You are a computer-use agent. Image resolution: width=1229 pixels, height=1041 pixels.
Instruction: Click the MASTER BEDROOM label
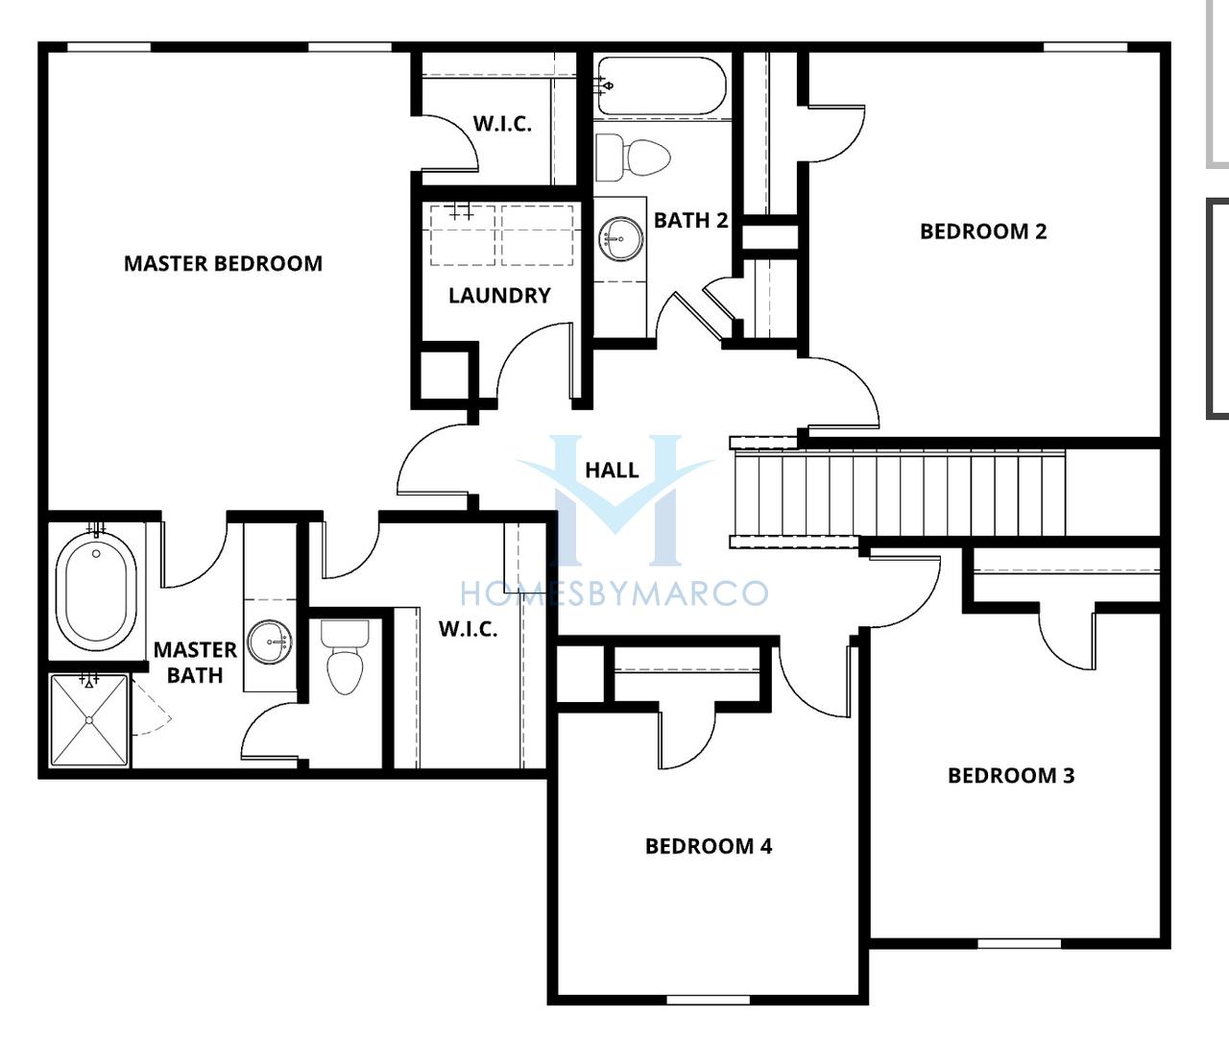click(223, 263)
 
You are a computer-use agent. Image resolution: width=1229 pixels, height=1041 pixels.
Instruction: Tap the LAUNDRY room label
click(499, 296)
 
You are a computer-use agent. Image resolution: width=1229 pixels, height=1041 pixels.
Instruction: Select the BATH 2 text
click(691, 221)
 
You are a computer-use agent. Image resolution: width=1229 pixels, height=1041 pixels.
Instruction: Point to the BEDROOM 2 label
click(983, 231)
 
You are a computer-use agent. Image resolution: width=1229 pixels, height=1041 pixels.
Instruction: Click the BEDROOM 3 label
click(1011, 776)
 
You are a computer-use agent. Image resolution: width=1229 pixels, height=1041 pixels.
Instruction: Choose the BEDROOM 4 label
click(709, 846)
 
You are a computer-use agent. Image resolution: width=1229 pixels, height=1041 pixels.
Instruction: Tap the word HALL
click(612, 471)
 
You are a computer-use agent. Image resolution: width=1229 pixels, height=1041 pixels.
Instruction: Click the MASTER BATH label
click(195, 663)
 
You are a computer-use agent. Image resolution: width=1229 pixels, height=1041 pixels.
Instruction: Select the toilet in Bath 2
click(633, 157)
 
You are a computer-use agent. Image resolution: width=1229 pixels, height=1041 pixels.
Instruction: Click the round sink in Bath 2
click(621, 238)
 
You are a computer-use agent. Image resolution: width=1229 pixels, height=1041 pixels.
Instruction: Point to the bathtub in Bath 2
click(662, 86)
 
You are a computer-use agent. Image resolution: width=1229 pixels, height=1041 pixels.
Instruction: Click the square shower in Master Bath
click(89, 720)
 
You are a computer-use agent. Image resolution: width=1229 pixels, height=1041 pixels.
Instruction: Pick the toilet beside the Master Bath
click(346, 657)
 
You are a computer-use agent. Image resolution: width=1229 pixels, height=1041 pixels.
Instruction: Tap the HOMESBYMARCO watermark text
click(614, 593)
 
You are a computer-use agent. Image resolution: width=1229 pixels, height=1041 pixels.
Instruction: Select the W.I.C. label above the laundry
click(502, 124)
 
